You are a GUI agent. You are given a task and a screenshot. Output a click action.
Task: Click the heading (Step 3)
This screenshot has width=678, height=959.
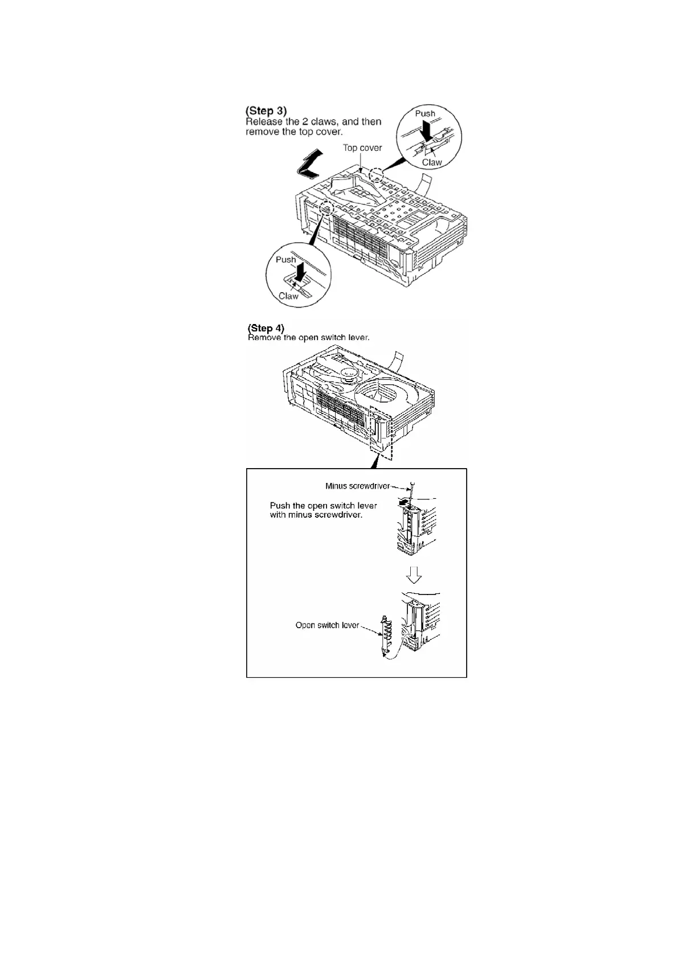coord(266,110)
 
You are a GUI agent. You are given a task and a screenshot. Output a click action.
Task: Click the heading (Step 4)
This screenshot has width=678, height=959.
coord(266,328)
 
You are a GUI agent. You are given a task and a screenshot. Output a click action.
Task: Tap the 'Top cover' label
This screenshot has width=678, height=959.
coord(362,148)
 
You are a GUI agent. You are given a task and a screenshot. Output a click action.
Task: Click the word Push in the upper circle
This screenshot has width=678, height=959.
coord(425,113)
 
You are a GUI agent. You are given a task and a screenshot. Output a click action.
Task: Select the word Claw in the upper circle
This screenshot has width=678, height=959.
coord(432,162)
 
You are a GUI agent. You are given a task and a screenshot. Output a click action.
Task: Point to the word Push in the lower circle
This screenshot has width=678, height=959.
coord(286,260)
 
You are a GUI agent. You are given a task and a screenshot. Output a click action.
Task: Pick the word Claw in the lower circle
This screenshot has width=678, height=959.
coord(288,296)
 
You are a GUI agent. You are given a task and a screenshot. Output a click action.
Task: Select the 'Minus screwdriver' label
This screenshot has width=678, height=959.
coord(358,486)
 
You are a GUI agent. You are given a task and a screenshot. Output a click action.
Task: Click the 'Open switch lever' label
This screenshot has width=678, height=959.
coord(327,625)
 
